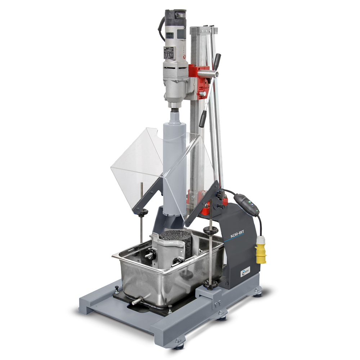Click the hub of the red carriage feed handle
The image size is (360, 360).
point(216,73)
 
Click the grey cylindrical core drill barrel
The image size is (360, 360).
point(174,166)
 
